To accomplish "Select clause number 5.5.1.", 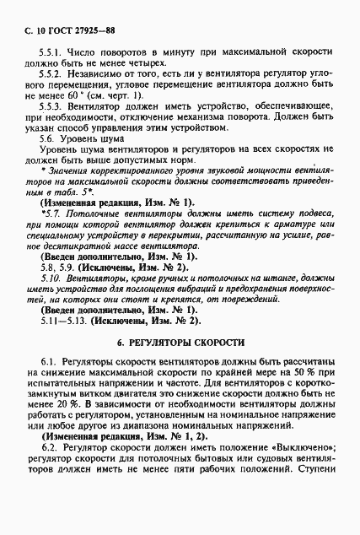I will [x=56, y=52].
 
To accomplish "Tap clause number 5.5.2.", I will [x=56, y=75].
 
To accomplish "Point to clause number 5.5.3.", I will [x=56, y=109].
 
